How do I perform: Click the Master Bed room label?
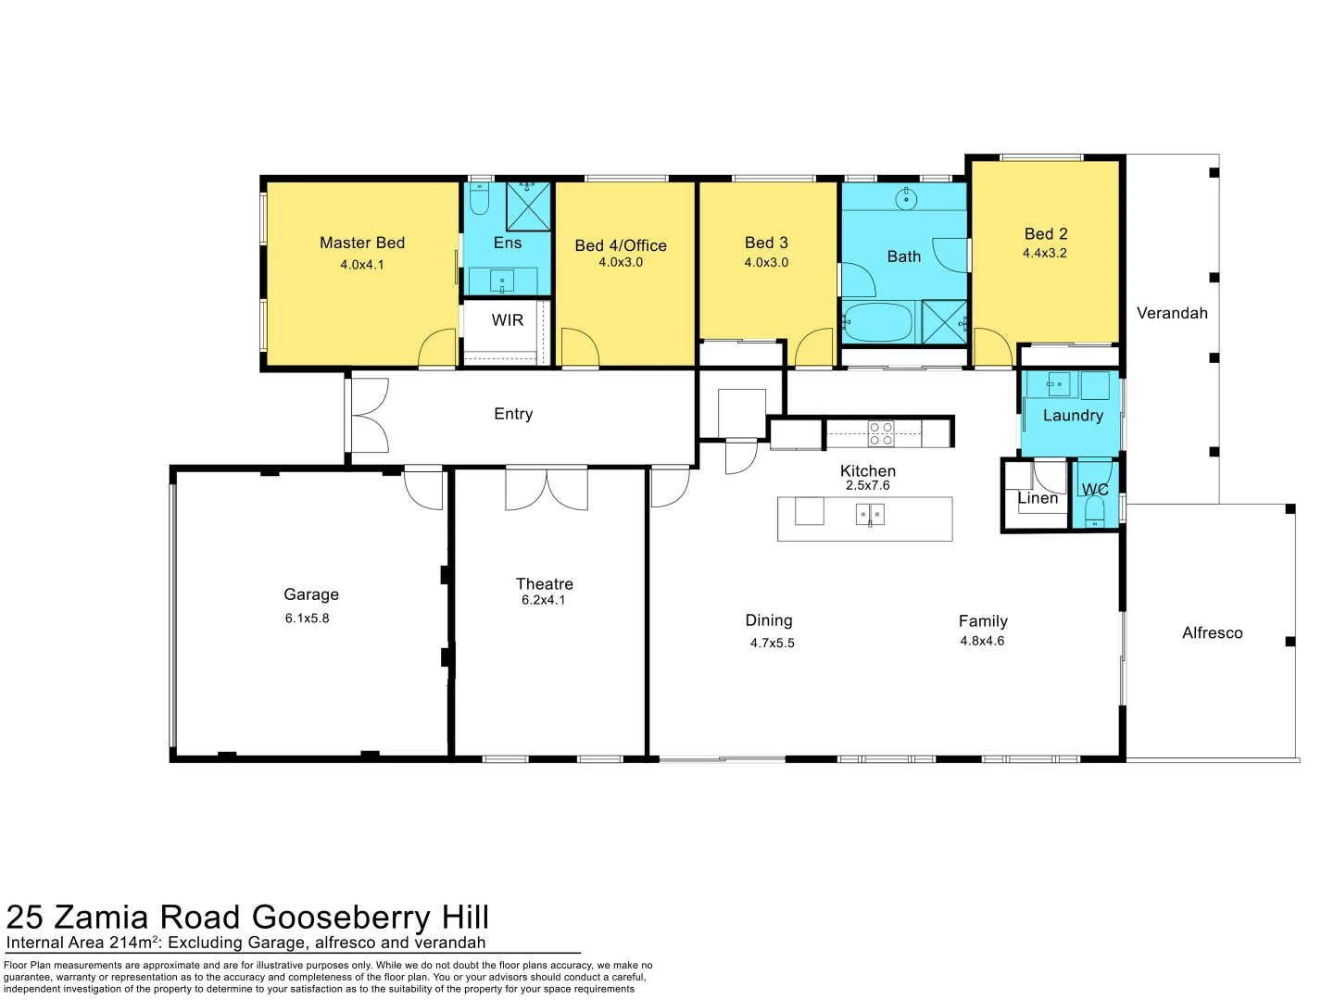coord(362,243)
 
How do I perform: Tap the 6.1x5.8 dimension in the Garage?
coord(307,619)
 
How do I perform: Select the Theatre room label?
coord(545,584)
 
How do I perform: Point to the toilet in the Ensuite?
coord(479,199)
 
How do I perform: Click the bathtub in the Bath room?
coord(877,323)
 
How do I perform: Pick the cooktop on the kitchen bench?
coord(881,433)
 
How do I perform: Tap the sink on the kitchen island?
coord(870,514)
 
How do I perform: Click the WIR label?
coord(508,320)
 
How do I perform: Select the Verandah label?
coord(1172,313)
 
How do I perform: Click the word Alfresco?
coord(1212,633)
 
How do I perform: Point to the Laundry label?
coord(1073,416)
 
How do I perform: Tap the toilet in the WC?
coord(1095,512)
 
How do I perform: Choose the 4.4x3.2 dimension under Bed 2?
coord(1045,253)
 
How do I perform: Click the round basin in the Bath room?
coord(906,198)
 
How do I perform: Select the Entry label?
coord(513,414)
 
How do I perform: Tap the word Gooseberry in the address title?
coord(342,917)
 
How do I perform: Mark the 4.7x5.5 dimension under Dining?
coord(773,643)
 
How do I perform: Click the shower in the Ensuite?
coord(528,206)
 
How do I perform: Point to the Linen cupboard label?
coord(1038,498)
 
